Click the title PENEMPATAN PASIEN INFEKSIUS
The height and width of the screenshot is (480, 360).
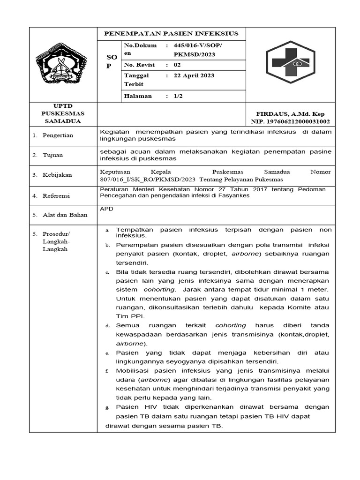171,34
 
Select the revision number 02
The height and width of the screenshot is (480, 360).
177,65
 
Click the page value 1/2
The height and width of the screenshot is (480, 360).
179,96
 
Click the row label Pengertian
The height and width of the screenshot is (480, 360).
58,135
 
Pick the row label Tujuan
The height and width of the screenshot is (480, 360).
53,155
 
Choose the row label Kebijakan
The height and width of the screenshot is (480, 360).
57,175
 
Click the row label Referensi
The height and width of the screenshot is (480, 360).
56,196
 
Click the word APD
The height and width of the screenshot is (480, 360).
106,209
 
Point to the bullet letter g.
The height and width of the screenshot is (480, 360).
107,408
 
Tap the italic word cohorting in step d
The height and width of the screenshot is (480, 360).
231,325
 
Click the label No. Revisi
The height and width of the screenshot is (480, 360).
139,65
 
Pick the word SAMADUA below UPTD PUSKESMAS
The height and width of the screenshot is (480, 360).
63,121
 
